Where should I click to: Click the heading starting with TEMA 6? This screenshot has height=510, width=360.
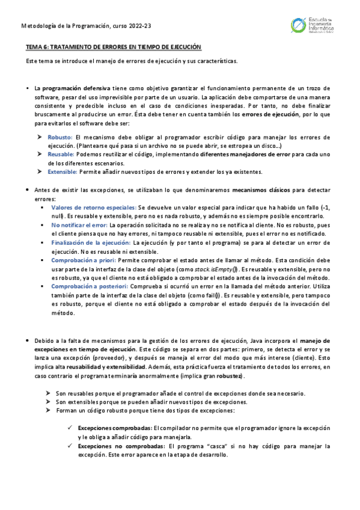[114, 47]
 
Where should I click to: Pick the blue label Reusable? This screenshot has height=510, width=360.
[61, 155]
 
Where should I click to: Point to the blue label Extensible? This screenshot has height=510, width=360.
[63, 171]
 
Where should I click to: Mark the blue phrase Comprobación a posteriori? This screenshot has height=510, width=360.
[90, 287]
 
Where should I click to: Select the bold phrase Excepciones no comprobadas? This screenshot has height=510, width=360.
[120, 447]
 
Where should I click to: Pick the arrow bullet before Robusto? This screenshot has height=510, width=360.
[40, 138]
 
